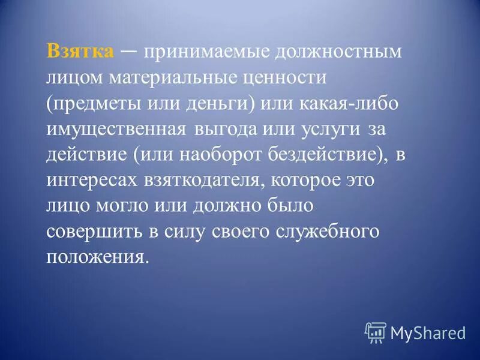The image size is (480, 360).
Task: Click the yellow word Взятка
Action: click(x=80, y=52)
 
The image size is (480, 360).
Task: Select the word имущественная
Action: click(x=112, y=130)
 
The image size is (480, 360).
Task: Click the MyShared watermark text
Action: click(x=428, y=332)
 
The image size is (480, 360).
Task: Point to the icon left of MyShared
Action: click(x=376, y=332)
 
